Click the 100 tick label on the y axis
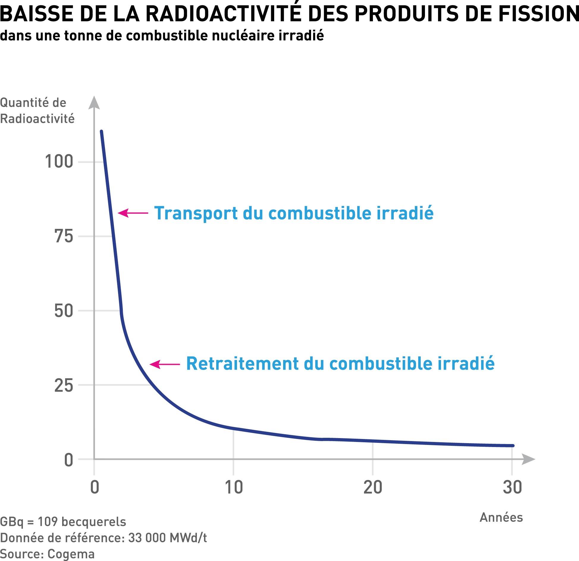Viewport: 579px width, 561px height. pos(59,162)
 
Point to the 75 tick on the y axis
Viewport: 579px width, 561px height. pos(64,237)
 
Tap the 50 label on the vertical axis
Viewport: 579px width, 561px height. pos(64,311)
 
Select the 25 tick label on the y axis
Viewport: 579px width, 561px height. pos(64,385)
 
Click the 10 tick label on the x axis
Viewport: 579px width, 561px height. pos(233,487)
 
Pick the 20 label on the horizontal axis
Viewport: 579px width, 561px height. pos(373,487)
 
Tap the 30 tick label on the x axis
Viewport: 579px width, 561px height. pos(512,487)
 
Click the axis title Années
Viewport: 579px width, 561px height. pos(501,518)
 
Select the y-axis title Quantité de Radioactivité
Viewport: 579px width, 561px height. pos(37,111)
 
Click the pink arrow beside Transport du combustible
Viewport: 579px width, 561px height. pos(133,213)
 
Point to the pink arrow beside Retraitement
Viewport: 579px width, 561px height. pos(164,364)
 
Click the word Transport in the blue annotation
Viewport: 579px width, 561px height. pos(196,214)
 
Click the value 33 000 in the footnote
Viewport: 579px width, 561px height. pos(147,538)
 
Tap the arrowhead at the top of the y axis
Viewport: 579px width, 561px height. pos(94,103)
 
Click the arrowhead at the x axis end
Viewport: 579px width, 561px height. pos(528,459)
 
